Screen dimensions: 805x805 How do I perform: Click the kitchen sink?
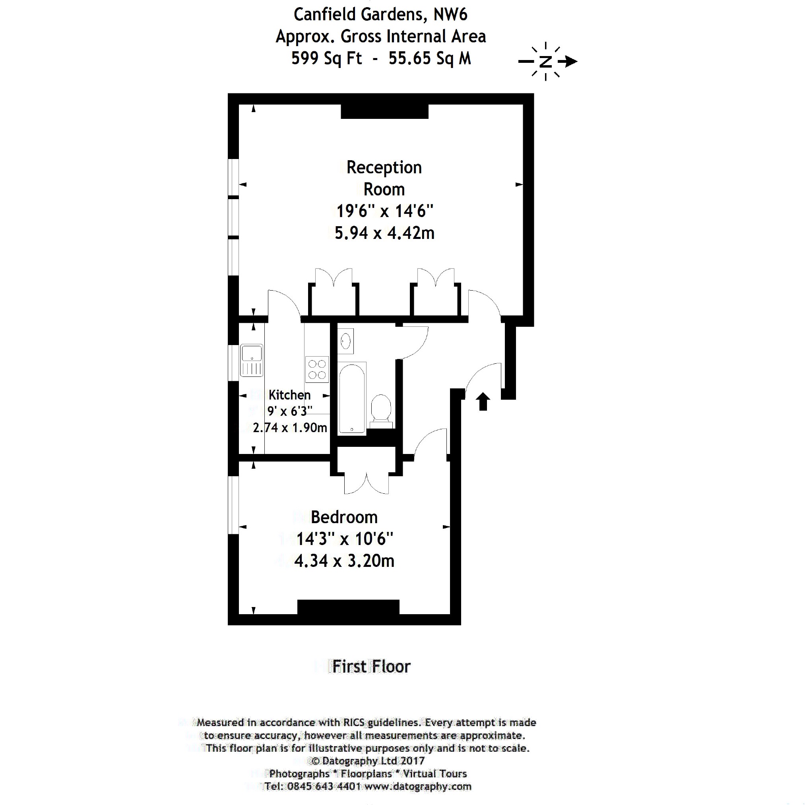(251, 361)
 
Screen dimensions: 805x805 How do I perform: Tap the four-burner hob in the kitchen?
(317, 369)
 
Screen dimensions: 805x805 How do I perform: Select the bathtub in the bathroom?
(352, 399)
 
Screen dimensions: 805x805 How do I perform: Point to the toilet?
(381, 410)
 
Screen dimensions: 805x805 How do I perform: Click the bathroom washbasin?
(345, 341)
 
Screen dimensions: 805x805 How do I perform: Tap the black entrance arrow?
(483, 401)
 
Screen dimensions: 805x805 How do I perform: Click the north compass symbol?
(546, 62)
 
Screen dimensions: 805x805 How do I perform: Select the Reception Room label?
(384, 178)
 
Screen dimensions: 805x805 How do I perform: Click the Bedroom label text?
(344, 517)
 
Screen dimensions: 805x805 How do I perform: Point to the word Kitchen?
(289, 395)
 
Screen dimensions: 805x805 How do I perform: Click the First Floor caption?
(371, 666)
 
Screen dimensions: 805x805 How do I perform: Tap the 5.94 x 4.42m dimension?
(384, 233)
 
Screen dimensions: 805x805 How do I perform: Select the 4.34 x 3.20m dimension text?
(344, 561)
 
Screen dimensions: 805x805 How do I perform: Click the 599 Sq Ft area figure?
(326, 58)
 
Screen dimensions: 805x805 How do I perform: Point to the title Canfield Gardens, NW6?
(380, 15)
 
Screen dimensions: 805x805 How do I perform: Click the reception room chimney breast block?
(384, 111)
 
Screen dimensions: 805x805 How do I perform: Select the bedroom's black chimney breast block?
(348, 607)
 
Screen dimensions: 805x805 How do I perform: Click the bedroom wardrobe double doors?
(366, 483)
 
